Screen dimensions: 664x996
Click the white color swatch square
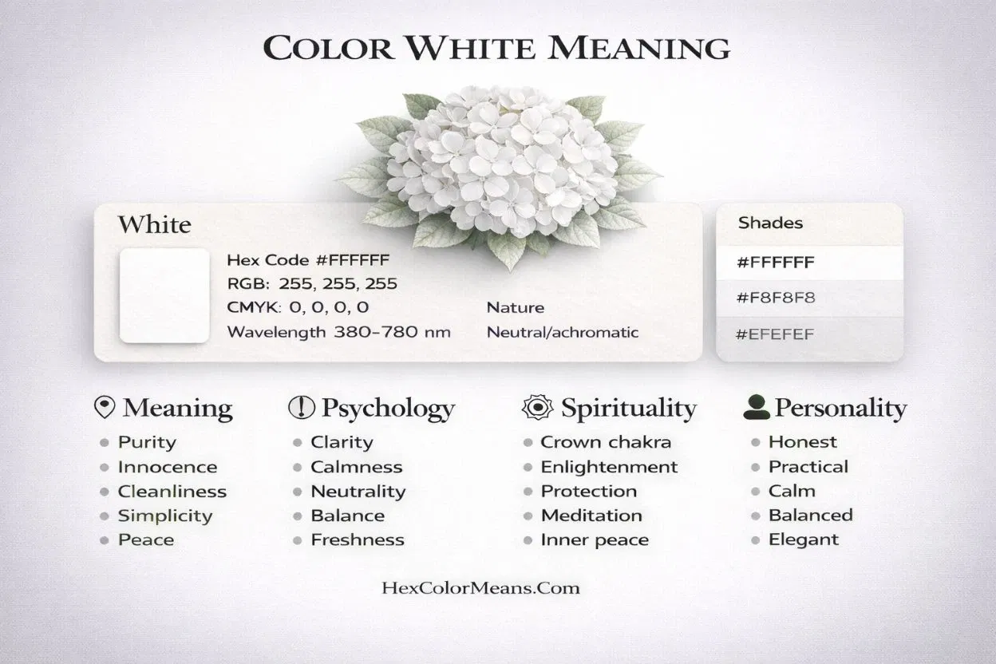[x=164, y=295]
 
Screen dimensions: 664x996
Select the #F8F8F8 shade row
[x=809, y=298]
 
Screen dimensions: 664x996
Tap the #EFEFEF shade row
[x=809, y=334]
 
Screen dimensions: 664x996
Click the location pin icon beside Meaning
[x=104, y=408]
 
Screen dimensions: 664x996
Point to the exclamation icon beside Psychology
[x=302, y=408]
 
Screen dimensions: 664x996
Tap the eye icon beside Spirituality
[x=536, y=408]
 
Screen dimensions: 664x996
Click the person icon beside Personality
[x=756, y=408]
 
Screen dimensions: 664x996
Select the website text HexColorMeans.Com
[x=480, y=589]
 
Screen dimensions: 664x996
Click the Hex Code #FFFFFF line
[x=308, y=260]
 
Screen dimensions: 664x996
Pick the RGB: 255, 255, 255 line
[x=312, y=284]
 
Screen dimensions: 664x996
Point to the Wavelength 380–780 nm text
[x=338, y=332]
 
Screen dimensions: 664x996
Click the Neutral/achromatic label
[x=563, y=332]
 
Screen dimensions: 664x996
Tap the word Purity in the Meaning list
[x=147, y=442]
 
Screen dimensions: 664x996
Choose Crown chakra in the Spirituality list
[x=606, y=442]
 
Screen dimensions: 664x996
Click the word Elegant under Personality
[x=804, y=539]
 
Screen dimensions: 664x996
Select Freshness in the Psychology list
[x=358, y=539]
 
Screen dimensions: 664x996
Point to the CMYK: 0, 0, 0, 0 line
[x=298, y=308]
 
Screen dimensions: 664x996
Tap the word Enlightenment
[x=609, y=467]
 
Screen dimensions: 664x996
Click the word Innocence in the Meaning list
[x=168, y=467]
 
